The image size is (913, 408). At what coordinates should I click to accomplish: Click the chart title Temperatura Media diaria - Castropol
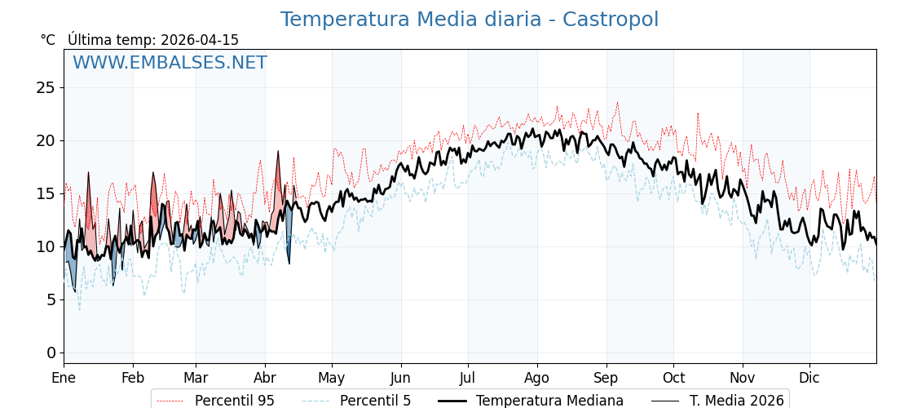click(469, 20)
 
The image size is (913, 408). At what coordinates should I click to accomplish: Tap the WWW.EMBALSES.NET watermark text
click(170, 63)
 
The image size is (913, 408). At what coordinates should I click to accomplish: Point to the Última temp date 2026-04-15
click(200, 40)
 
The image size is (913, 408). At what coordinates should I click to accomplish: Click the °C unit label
click(48, 40)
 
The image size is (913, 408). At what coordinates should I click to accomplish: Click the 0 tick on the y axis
click(51, 353)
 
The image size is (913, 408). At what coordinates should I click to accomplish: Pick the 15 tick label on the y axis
click(46, 193)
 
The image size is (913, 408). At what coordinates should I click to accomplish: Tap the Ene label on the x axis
click(64, 378)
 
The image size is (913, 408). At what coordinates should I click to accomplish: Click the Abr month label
click(265, 378)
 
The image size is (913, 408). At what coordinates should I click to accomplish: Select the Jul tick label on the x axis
click(468, 378)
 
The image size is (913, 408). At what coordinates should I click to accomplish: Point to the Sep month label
click(606, 378)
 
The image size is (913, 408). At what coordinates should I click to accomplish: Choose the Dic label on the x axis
click(809, 378)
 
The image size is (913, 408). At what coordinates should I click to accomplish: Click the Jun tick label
click(400, 378)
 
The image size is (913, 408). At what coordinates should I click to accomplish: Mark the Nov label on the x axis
click(743, 378)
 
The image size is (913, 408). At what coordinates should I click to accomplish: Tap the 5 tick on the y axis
click(51, 299)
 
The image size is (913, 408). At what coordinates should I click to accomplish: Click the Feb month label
click(133, 378)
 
